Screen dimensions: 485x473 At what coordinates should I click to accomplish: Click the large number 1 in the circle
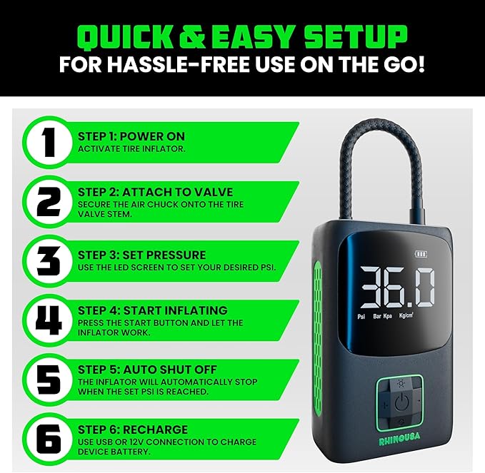click(x=49, y=143)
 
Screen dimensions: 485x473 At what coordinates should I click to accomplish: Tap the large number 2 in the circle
click(x=49, y=202)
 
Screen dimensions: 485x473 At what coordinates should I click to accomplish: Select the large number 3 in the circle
click(x=49, y=261)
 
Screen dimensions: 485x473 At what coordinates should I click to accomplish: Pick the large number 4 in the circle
click(x=49, y=320)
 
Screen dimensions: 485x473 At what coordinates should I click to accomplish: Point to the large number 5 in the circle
click(x=49, y=380)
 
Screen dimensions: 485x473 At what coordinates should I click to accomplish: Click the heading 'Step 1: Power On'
click(x=131, y=136)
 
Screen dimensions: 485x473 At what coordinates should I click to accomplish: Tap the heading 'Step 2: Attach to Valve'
click(x=155, y=192)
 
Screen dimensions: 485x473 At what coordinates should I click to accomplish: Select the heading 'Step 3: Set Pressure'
click(x=141, y=255)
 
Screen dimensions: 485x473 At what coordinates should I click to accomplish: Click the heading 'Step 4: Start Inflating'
click(x=152, y=310)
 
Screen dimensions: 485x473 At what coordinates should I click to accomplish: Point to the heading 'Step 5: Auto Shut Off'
click(x=147, y=370)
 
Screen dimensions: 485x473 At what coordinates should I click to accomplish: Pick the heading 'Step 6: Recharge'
click(x=133, y=429)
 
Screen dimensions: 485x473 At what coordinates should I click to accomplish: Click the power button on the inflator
click(x=402, y=402)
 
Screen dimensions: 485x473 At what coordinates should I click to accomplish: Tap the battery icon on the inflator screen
click(x=421, y=254)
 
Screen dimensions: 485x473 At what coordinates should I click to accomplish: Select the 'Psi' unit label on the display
click(x=361, y=317)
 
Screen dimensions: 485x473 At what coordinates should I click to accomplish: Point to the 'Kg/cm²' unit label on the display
click(x=406, y=315)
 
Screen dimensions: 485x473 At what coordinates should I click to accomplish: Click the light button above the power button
click(x=401, y=384)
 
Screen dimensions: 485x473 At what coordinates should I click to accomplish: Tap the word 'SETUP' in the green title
click(x=356, y=37)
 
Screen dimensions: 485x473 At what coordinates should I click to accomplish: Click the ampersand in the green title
click(x=191, y=37)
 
